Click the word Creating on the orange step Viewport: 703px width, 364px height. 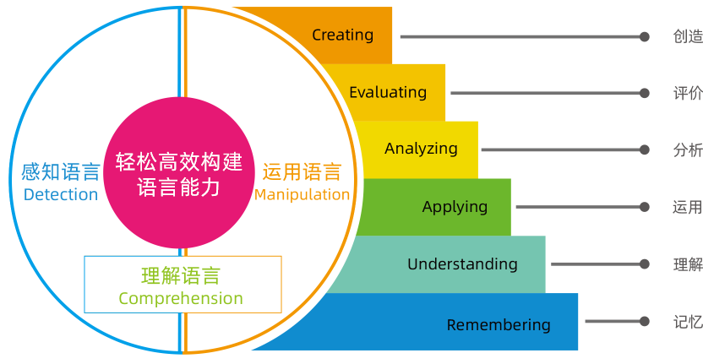pyautogui.click(x=342, y=35)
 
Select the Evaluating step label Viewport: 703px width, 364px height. pyautogui.click(x=388, y=92)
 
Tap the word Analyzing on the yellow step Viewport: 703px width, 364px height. pyautogui.click(x=421, y=149)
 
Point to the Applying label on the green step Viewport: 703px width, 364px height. pyautogui.click(x=455, y=206)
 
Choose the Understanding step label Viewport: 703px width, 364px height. pyautogui.click(x=462, y=264)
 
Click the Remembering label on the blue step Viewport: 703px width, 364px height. pyautogui.click(x=499, y=324)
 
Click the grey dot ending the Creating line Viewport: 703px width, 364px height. pyautogui.click(x=645, y=36)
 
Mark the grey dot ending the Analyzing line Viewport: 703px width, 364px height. pyautogui.click(x=645, y=150)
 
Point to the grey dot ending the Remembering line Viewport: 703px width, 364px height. pyautogui.click(x=645, y=322)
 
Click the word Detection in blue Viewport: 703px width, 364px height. pyautogui.click(x=61, y=194)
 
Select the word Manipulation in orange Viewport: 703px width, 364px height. pyautogui.click(x=302, y=194)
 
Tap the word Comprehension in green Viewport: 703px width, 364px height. pyautogui.click(x=181, y=298)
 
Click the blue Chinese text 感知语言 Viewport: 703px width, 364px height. pyautogui.click(x=61, y=172)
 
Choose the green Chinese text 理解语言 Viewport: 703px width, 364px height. pyautogui.click(x=181, y=276)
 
